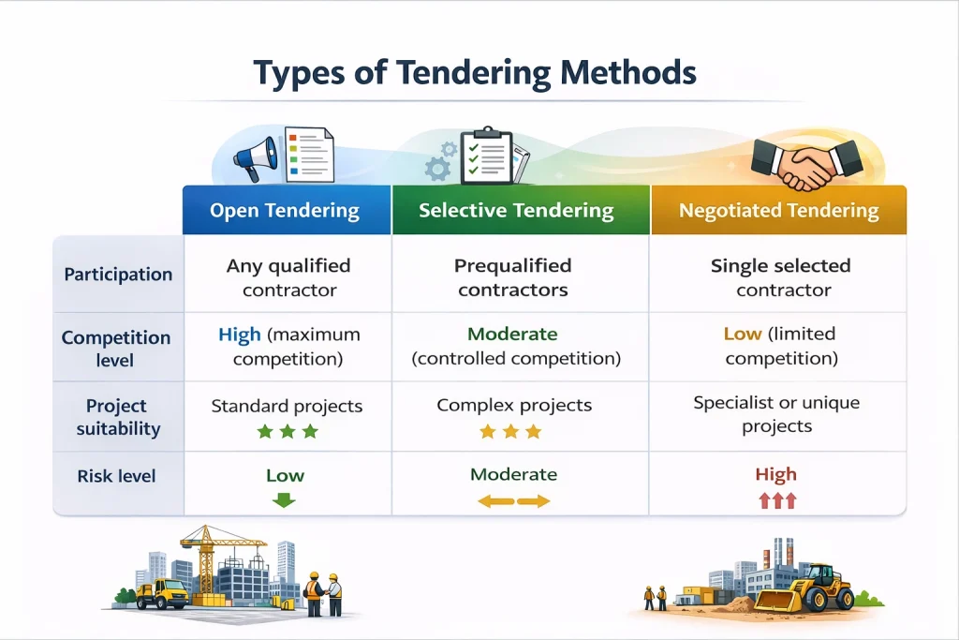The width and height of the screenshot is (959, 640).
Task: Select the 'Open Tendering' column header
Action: click(285, 211)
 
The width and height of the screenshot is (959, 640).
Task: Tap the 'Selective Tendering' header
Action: click(516, 211)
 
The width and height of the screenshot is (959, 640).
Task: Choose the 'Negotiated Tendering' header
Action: click(779, 211)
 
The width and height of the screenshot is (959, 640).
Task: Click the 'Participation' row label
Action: click(118, 275)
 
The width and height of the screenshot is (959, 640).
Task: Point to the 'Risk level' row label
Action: click(118, 476)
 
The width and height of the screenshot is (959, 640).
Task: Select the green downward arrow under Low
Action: click(284, 500)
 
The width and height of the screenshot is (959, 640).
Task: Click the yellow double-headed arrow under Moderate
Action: click(513, 501)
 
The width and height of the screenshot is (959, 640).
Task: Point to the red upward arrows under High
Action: click(776, 500)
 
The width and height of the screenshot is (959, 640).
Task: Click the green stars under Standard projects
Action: click(287, 432)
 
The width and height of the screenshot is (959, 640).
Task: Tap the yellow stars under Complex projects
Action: click(510, 432)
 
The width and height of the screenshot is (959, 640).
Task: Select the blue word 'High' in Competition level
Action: click(240, 335)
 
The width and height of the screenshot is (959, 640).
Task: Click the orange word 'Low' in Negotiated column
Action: click(742, 335)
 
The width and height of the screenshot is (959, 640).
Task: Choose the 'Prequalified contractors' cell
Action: click(513, 278)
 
